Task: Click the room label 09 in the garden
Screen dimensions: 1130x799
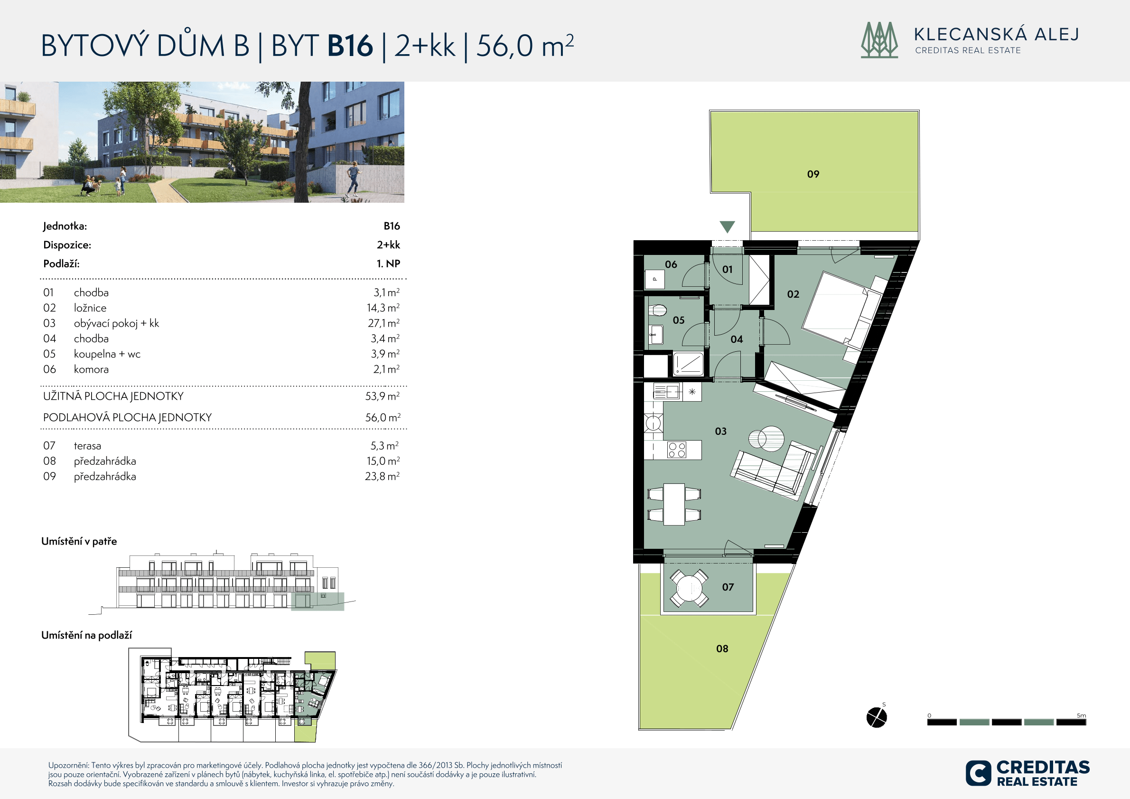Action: [813, 174]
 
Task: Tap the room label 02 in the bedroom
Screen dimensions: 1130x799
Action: [793, 294]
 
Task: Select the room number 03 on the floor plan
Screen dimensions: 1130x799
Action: [720, 432]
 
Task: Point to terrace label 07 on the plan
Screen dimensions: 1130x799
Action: [728, 587]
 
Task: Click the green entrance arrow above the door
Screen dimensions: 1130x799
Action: [727, 226]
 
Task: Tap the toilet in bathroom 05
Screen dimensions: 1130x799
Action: [657, 310]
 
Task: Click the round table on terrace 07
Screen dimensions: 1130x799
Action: [689, 588]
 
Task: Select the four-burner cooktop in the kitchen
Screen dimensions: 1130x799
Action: [677, 450]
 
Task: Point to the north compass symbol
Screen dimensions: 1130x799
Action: [877, 717]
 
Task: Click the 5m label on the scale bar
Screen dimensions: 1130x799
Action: [1081, 715]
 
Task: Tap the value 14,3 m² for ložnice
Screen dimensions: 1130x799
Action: [383, 308]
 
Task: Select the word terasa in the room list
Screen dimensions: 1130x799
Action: [88, 446]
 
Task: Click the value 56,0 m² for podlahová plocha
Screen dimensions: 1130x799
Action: [383, 417]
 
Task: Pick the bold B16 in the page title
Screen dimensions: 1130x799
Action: [350, 46]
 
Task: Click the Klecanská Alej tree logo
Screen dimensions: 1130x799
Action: [879, 40]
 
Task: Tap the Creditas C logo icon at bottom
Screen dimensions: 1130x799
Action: [978, 773]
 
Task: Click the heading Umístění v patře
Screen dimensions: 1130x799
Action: [79, 542]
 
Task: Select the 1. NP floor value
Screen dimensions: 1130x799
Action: [388, 264]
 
